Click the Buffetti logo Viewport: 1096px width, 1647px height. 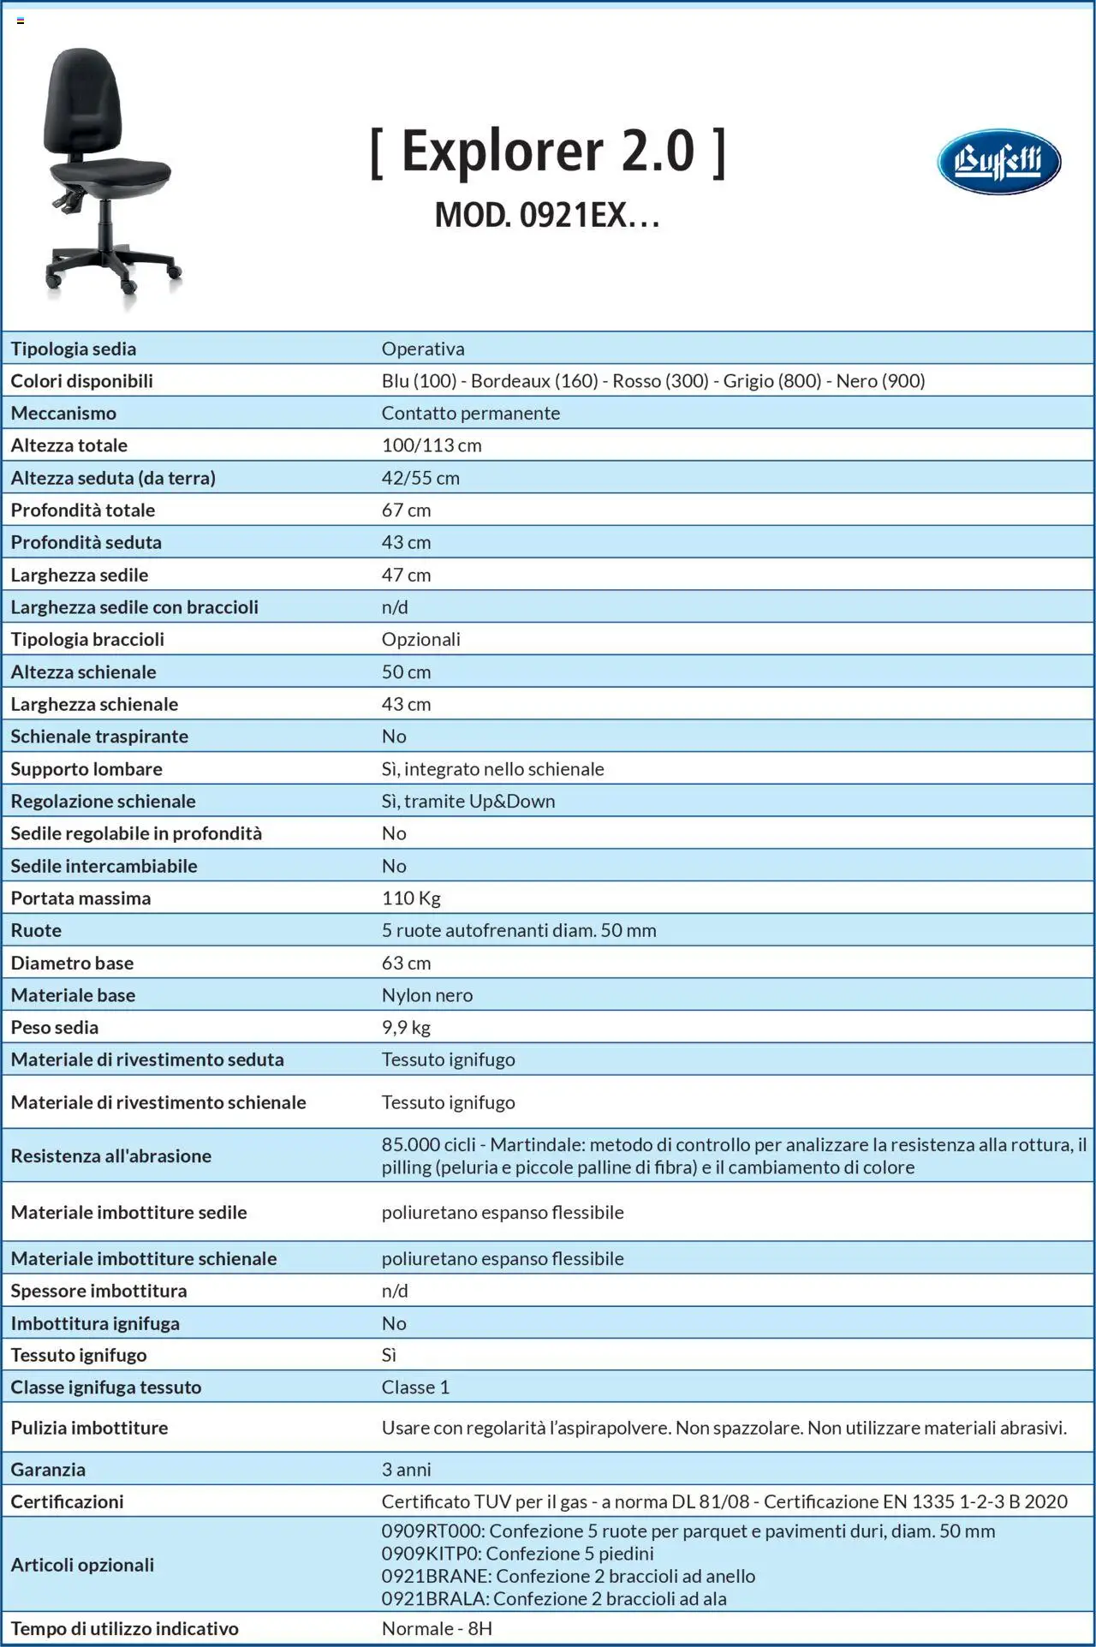[x=998, y=161]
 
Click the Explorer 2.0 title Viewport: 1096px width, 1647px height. [x=548, y=152]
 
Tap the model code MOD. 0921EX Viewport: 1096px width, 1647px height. [x=547, y=215]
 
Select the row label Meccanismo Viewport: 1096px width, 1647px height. [x=63, y=413]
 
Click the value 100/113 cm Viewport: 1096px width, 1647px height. [x=432, y=445]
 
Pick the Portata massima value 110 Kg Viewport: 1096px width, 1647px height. [x=411, y=898]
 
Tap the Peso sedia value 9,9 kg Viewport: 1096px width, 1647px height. [x=406, y=1027]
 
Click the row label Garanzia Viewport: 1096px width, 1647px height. [x=48, y=1469]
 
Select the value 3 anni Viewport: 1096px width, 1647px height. [x=406, y=1469]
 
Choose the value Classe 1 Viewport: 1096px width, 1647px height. [x=415, y=1387]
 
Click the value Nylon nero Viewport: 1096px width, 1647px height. [x=426, y=994]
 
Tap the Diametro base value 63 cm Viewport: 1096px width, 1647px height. [x=406, y=963]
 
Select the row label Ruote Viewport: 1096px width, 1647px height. [x=36, y=930]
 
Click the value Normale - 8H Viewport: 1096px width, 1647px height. [x=437, y=1628]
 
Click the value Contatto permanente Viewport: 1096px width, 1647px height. [x=470, y=413]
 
